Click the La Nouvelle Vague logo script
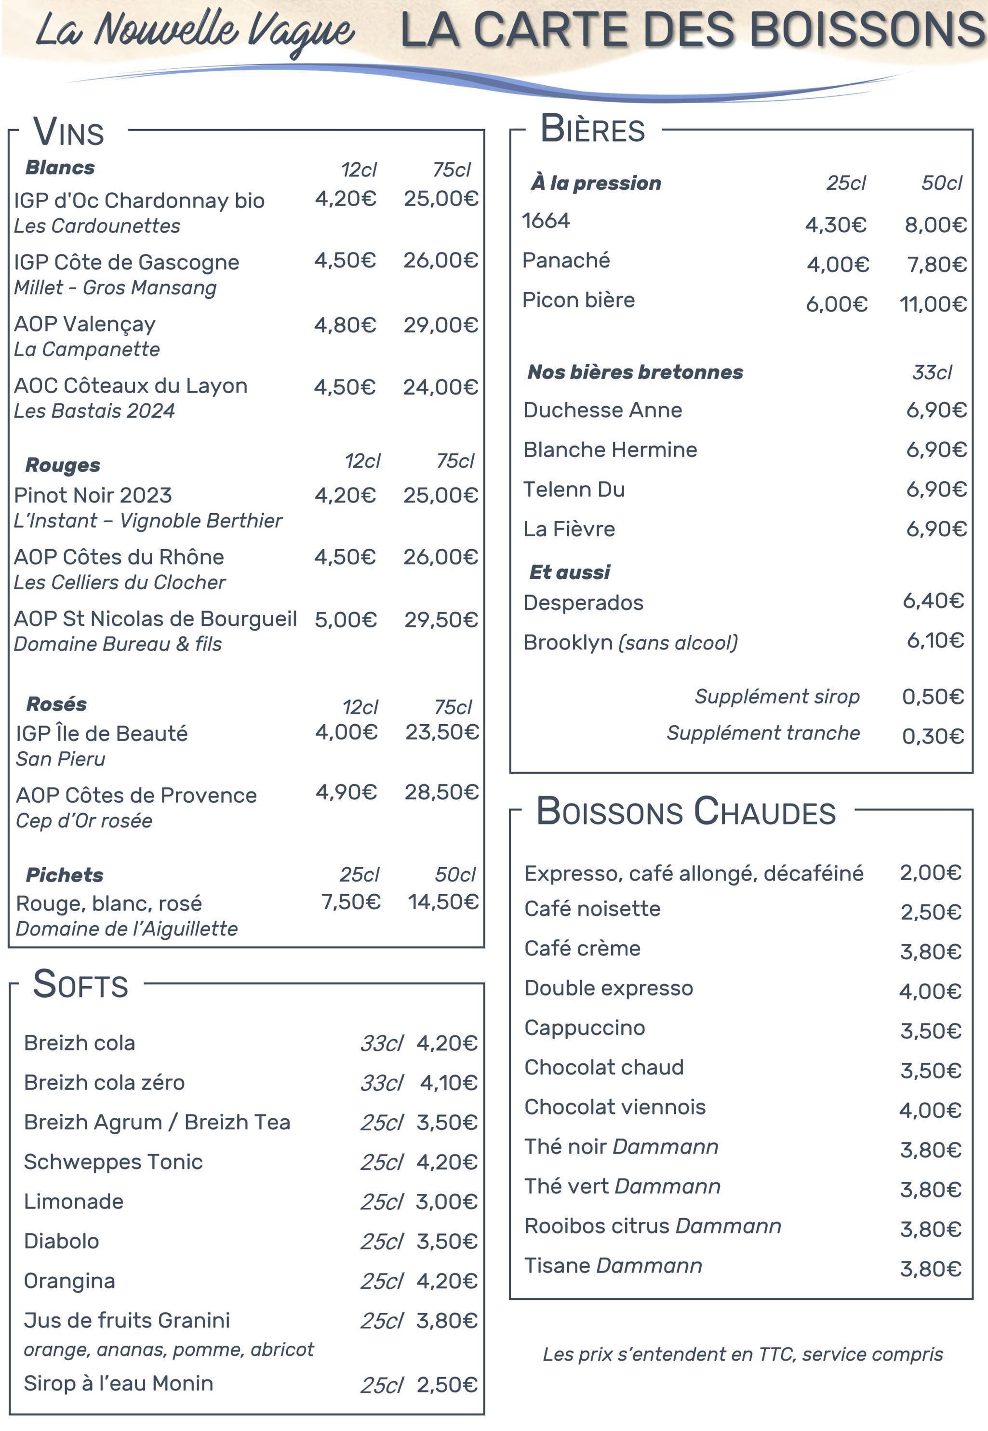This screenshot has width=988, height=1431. pyautogui.click(x=194, y=31)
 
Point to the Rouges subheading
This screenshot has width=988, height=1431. pyautogui.click(x=63, y=465)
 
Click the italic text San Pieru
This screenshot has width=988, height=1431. pyautogui.click(x=61, y=759)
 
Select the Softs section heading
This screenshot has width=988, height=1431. pyautogui.click(x=80, y=984)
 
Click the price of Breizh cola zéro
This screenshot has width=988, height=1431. pyautogui.click(x=448, y=1083)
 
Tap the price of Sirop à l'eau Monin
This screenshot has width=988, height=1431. pyautogui.click(x=446, y=1385)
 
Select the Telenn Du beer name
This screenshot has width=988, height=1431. pyautogui.click(x=574, y=490)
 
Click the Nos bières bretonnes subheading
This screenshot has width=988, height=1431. pyautogui.click(x=635, y=372)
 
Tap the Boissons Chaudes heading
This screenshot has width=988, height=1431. pyautogui.click(x=685, y=811)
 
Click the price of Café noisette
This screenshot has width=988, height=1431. pyautogui.click(x=931, y=913)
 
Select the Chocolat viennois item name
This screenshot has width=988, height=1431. pyautogui.click(x=614, y=1107)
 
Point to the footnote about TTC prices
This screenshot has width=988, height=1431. pyautogui.click(x=742, y=1354)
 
